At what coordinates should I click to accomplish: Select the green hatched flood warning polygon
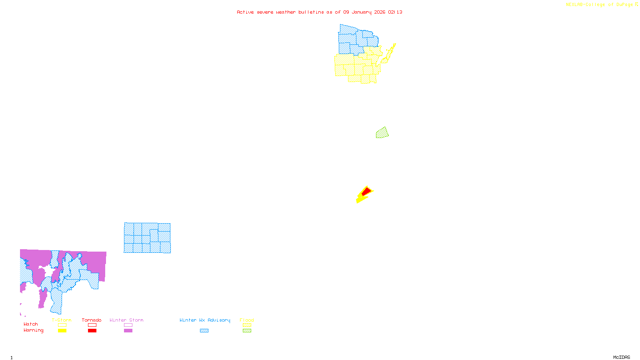point(382,133)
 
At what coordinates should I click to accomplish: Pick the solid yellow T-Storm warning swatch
point(62,330)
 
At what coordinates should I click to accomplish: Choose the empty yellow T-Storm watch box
point(62,325)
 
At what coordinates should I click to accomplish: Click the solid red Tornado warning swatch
point(92,330)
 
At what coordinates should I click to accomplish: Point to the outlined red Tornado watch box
point(92,325)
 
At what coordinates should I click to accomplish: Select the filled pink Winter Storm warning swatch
point(128,330)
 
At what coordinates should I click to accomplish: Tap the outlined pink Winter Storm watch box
point(128,325)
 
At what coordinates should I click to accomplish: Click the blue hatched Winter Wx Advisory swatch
point(204,330)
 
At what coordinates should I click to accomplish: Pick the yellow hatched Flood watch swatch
point(247,325)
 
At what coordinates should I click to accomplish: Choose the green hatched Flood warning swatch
point(247,330)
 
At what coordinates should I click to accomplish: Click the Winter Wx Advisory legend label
point(205,320)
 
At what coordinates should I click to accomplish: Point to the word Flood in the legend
point(247,320)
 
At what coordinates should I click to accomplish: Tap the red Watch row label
point(31,324)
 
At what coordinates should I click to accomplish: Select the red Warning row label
point(33,330)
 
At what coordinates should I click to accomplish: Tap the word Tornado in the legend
point(92,320)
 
